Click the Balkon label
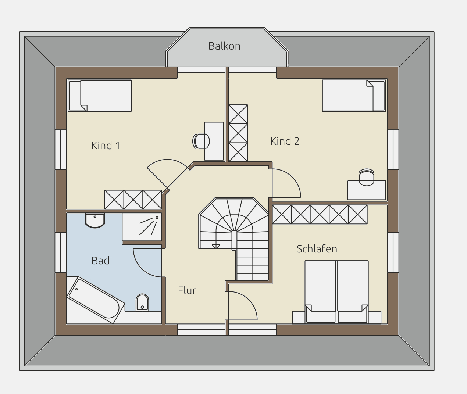click(224, 46)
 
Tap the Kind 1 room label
click(106, 146)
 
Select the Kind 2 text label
click(285, 141)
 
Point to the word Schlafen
click(317, 249)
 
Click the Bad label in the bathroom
click(101, 261)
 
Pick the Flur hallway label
click(187, 290)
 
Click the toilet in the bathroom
click(142, 302)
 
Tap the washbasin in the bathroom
click(95, 221)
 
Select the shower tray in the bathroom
click(142, 227)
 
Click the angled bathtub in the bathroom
click(96, 300)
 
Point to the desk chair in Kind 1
click(201, 141)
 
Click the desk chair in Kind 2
click(367, 177)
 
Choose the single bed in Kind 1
click(100, 96)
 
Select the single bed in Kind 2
click(354, 96)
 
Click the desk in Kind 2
click(367, 190)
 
